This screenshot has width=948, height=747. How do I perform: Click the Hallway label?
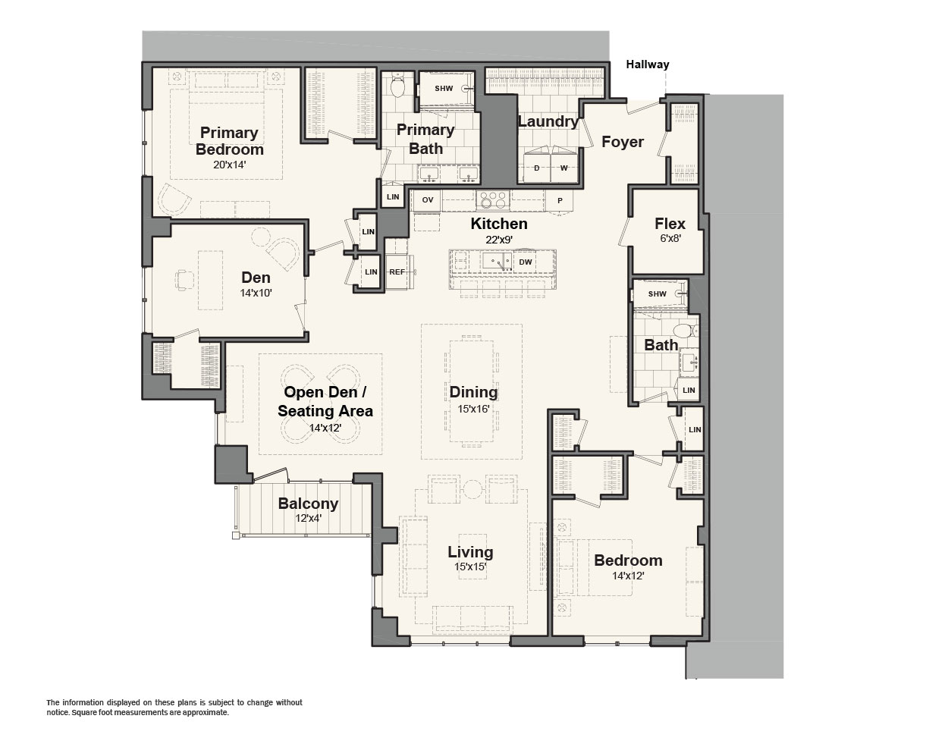coord(648,64)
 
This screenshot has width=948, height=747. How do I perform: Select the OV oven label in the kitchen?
coord(427,200)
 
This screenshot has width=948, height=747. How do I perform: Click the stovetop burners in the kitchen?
coord(493,200)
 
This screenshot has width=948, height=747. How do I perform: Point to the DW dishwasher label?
coord(525,262)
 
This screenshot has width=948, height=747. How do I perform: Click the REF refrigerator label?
coord(397,272)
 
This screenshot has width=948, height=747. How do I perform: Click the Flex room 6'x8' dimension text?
coord(670,239)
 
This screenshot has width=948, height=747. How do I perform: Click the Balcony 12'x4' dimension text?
coord(309,519)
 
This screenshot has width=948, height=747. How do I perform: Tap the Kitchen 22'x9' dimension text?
coord(499,240)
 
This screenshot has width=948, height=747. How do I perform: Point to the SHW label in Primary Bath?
coord(444,88)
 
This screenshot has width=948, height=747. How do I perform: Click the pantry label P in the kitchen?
coord(560,200)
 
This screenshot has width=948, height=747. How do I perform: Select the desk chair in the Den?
coord(184,280)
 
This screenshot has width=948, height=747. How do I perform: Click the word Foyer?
coord(623,142)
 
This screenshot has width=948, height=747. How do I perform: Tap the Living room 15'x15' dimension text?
coord(470,567)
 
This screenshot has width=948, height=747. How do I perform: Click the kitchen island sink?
coord(497,262)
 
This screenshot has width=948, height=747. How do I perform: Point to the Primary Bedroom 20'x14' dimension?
coord(229,165)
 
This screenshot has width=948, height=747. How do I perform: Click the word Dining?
coord(473,392)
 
